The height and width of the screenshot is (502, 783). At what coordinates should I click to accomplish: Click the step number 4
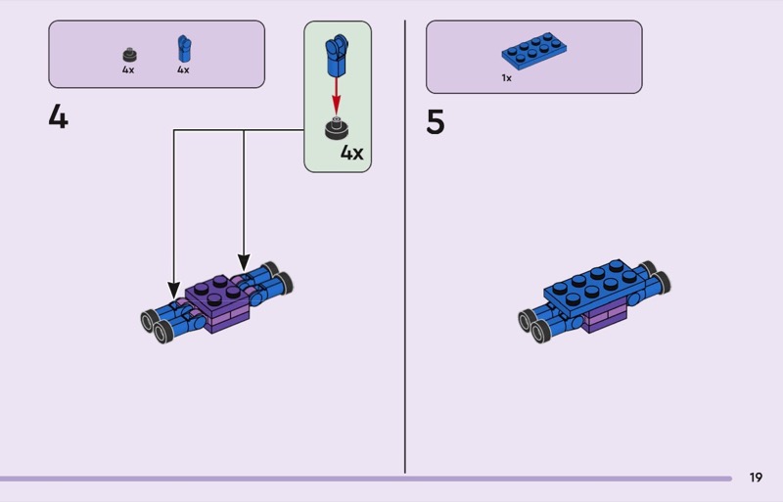(59, 118)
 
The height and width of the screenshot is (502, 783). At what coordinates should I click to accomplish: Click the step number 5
(436, 123)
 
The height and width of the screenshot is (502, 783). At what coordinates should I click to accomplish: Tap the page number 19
(756, 478)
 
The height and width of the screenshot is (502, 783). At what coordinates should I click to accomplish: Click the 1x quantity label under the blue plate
(506, 77)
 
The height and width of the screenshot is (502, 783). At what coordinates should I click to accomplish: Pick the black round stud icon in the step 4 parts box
(128, 54)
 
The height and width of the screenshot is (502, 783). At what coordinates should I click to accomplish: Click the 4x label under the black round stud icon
(128, 70)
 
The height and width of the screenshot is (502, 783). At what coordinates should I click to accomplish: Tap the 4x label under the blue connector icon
(183, 70)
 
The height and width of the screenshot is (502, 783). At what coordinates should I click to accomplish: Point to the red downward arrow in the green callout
(338, 98)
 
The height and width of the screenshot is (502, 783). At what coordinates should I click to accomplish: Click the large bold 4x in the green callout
(351, 153)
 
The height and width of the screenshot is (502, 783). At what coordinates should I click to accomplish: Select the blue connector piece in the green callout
(337, 57)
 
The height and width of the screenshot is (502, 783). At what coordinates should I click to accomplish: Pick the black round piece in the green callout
(338, 127)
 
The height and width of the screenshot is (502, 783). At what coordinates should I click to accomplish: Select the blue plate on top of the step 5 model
(594, 284)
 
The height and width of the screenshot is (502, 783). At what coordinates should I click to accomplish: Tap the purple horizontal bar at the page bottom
(362, 479)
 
